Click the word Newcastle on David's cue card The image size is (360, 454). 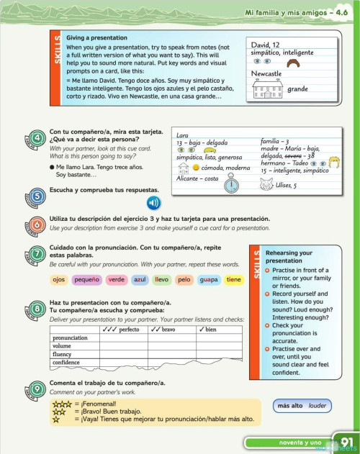(267, 73)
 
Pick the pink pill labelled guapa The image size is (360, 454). (209, 279)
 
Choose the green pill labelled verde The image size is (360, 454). (116, 279)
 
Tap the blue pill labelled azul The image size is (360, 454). (140, 279)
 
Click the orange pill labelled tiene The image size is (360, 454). (233, 279)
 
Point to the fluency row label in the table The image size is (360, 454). (63, 354)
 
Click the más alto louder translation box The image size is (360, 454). (302, 406)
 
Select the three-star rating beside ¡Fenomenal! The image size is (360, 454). (62, 404)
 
